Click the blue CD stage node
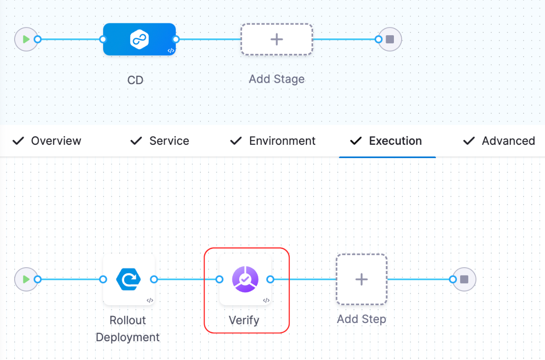pos(139,39)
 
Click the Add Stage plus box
pos(277,39)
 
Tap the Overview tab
pos(56,141)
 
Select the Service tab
pos(169,141)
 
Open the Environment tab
pos(282,141)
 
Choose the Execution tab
pos(395,141)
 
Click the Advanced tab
pos(508,141)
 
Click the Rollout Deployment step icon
pos(129,279)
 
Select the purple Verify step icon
pos(245,279)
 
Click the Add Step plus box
pos(362,279)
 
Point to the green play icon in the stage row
pos(26,39)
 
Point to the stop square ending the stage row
pos(390,39)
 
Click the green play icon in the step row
pos(26,279)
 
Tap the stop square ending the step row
pos(464,279)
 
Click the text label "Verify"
pos(244,320)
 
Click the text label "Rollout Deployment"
pos(127,329)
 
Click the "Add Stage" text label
pos(277,79)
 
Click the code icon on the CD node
pos(170,51)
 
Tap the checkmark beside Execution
pos(356,141)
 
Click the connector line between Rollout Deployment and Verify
pos(186,279)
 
